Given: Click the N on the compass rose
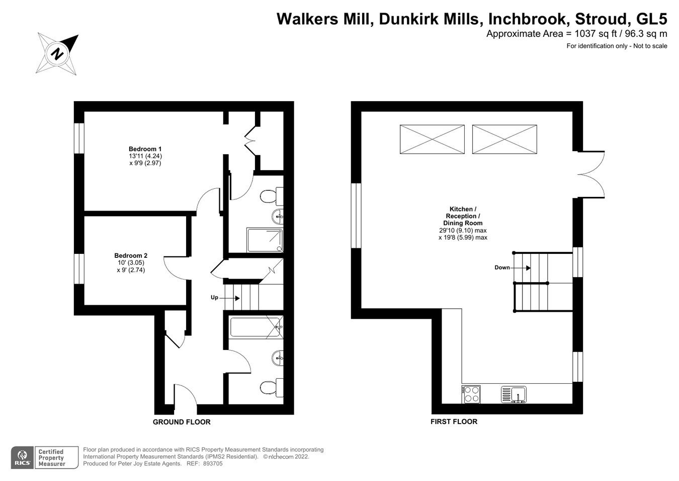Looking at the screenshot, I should click(58, 53).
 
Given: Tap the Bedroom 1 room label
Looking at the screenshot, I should click(145, 149).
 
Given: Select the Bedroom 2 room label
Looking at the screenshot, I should click(131, 255).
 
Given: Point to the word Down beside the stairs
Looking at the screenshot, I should click(502, 267).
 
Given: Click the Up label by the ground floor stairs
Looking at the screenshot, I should click(214, 298).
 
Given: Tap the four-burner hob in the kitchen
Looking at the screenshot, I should click(471, 394).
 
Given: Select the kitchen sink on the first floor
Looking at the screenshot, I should click(513, 394).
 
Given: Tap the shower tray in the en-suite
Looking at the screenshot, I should click(265, 240).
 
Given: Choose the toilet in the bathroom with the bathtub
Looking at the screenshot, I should click(271, 387).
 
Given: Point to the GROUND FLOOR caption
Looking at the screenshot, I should click(182, 422).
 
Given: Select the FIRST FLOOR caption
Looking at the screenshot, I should click(454, 422).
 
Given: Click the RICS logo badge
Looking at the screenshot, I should click(22, 457).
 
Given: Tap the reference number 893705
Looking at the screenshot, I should click(212, 464).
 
